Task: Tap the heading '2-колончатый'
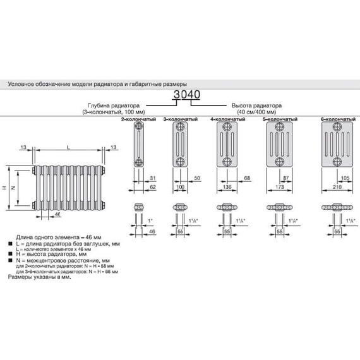click(x=140, y=118)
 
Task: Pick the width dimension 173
click(x=279, y=189)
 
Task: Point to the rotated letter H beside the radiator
click(x=5, y=188)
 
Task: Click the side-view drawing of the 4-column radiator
click(x=227, y=144)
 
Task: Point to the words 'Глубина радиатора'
click(x=103, y=105)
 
